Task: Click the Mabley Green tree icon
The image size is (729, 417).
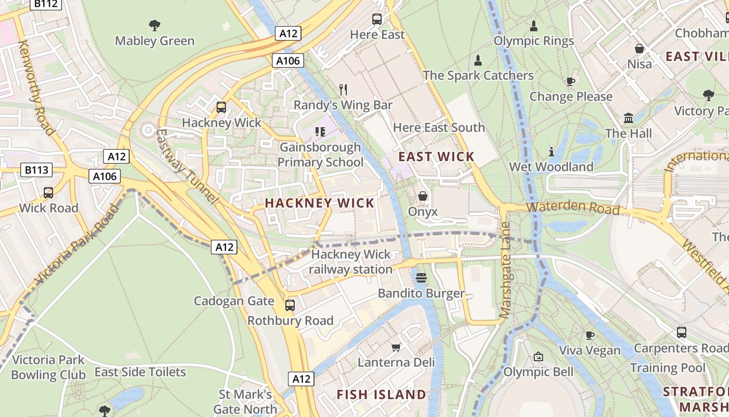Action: [154, 25]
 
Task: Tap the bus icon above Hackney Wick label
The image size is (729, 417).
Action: [221, 107]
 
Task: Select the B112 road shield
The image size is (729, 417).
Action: [46, 4]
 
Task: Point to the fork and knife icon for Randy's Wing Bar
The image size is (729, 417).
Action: [343, 90]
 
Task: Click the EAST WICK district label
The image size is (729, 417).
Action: [436, 156]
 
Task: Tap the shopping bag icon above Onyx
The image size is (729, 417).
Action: [423, 197]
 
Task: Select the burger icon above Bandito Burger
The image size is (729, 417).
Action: [421, 277]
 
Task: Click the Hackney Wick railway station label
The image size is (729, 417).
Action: [350, 262]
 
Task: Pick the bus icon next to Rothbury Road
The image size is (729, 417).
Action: [290, 305]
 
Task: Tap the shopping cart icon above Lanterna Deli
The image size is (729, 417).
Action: [396, 347]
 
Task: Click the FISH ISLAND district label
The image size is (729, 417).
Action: [381, 395]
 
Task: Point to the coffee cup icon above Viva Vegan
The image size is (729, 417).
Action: [589, 335]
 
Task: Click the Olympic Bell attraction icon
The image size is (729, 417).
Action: [538, 357]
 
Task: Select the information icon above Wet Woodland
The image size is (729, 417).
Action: [551, 152]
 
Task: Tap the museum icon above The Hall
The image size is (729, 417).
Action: [629, 118]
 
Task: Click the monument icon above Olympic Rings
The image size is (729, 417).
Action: [533, 26]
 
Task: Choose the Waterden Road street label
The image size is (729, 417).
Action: [573, 208]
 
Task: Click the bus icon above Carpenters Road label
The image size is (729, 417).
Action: [681, 332]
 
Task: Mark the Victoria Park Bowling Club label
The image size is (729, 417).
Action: [48, 367]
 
